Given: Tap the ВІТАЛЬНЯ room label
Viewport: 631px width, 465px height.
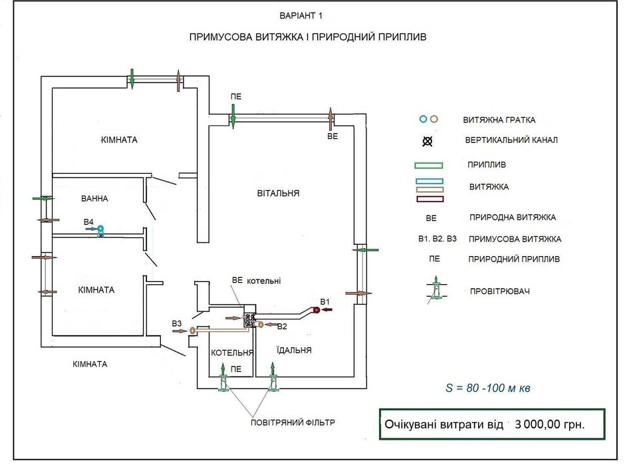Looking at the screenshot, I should [279, 194].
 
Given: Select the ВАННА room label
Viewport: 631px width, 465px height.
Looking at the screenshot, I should [95, 198].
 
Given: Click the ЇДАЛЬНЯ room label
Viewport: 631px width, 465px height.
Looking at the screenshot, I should [293, 349].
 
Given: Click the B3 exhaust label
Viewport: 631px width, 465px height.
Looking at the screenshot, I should [177, 323].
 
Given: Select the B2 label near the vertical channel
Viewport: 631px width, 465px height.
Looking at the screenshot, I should [282, 326].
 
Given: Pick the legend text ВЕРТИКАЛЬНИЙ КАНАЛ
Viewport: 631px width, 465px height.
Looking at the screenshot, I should [511, 141].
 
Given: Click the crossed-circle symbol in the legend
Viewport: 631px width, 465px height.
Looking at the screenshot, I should [428, 141].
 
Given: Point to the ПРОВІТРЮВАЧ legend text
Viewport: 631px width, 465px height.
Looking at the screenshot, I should [503, 292].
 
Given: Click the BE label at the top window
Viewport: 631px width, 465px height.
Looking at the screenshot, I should [333, 136].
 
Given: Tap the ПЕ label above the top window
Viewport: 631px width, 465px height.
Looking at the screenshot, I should [236, 96].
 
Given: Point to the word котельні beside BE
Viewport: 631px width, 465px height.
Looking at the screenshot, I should [265, 281].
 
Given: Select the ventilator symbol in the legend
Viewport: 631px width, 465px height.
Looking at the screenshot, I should [436, 291].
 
